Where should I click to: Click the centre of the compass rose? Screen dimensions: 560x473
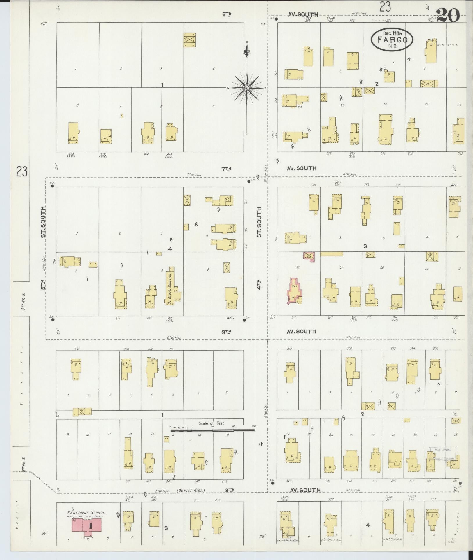(246, 88)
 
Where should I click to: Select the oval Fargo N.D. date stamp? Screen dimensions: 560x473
(392, 39)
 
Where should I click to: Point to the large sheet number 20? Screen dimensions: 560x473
(448, 15)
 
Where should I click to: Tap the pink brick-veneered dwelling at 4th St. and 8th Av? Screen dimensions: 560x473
(294, 291)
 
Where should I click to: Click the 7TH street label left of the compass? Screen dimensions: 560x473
(226, 169)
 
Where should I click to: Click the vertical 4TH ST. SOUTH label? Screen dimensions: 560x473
(259, 250)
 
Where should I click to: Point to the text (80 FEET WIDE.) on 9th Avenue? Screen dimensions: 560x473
(191, 491)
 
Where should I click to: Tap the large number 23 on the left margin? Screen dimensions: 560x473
(22, 171)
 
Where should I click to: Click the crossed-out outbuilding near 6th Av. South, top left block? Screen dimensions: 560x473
(189, 40)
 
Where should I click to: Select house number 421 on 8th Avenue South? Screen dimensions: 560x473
(118, 318)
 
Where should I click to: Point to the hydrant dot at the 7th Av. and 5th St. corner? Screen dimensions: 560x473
(52, 186)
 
